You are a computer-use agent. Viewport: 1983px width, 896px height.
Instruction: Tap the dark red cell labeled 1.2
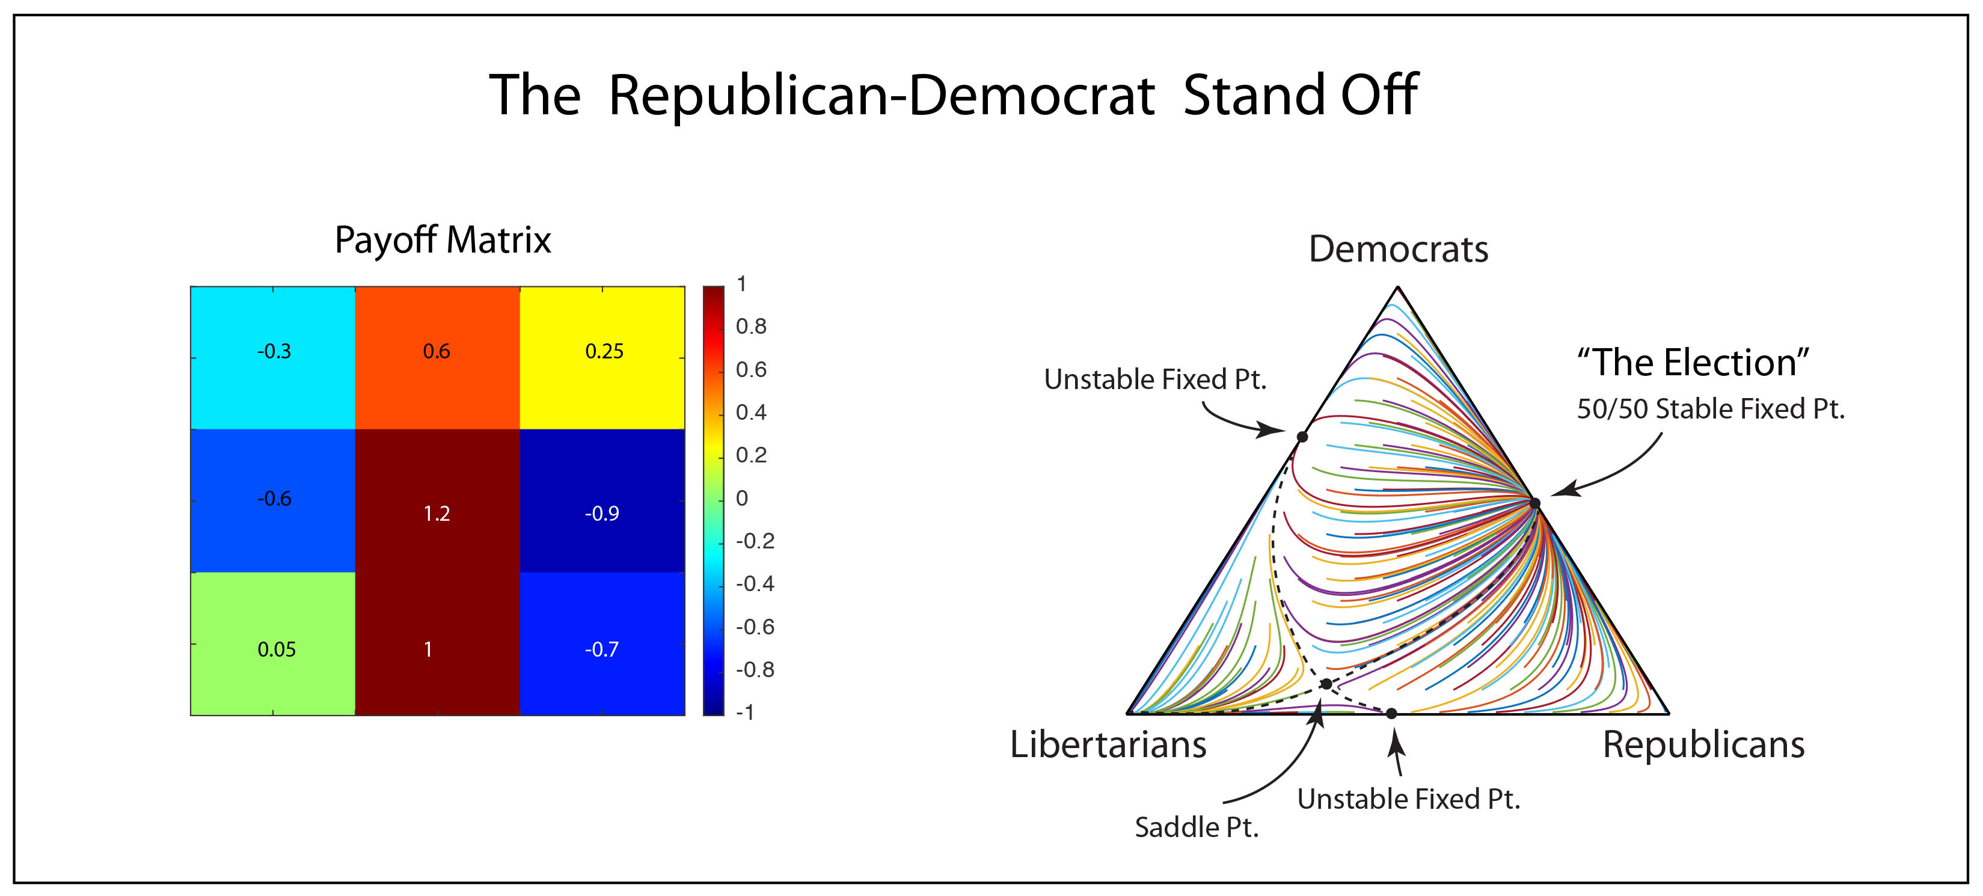437,514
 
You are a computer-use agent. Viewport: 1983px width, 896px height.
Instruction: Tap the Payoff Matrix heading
443,240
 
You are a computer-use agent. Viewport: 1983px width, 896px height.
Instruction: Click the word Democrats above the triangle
1398,250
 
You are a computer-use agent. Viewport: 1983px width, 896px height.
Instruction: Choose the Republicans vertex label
1703,744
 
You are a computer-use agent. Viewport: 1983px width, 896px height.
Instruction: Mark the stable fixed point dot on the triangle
1535,503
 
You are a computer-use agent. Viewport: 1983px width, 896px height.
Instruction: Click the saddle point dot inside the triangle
1326,684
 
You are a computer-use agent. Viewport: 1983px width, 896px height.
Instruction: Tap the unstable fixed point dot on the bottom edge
1391,714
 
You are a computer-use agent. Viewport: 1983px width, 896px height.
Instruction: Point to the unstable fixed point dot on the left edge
1302,437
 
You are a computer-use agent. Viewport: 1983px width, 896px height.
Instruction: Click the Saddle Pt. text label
1197,827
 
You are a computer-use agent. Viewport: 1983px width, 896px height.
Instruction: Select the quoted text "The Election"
1693,363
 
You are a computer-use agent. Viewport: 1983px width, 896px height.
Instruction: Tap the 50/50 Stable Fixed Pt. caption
1711,409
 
